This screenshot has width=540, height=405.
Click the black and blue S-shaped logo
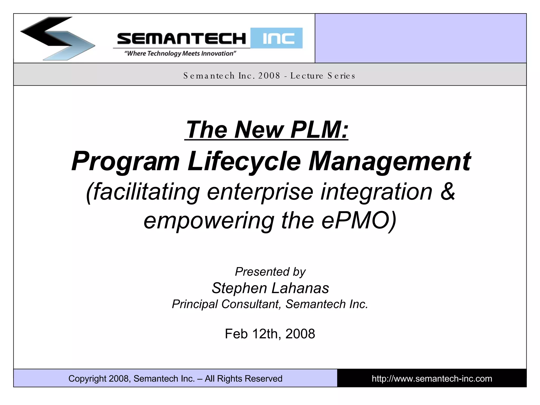pyautogui.click(x=57, y=38)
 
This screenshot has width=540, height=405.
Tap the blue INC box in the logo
pyautogui.click(x=276, y=38)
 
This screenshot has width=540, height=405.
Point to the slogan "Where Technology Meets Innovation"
pyautogui.click(x=180, y=54)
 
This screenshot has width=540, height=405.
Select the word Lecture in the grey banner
pyautogui.click(x=307, y=76)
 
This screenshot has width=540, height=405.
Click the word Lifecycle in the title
pyautogui.click(x=244, y=161)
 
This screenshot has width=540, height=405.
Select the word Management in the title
pyautogui.click(x=389, y=161)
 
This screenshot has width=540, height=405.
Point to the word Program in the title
pyautogui.click(x=126, y=161)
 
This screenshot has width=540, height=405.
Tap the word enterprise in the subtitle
pyautogui.click(x=260, y=192)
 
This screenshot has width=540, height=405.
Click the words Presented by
pyautogui.click(x=270, y=272)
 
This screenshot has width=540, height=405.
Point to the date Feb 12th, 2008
pyautogui.click(x=270, y=334)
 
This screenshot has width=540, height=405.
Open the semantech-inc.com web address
pyautogui.click(x=432, y=379)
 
